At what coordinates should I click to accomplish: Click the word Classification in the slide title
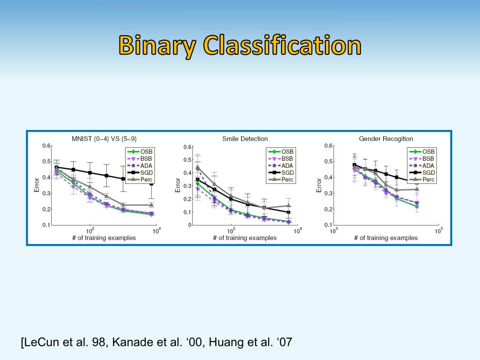click(282, 46)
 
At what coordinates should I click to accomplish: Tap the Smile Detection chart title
click(245, 139)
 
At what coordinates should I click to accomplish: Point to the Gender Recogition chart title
click(386, 139)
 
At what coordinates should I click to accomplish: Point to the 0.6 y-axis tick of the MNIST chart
click(46, 146)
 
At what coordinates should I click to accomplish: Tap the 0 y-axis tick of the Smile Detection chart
click(189, 225)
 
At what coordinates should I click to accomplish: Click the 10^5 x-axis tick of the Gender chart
click(438, 231)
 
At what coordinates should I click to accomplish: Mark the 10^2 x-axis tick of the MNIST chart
click(90, 231)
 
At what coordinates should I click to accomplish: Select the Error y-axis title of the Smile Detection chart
click(178, 185)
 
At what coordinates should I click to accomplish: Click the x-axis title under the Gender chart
click(386, 238)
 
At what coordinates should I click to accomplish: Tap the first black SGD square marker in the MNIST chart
click(57, 167)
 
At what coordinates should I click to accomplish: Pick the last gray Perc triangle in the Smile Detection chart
click(289, 205)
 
